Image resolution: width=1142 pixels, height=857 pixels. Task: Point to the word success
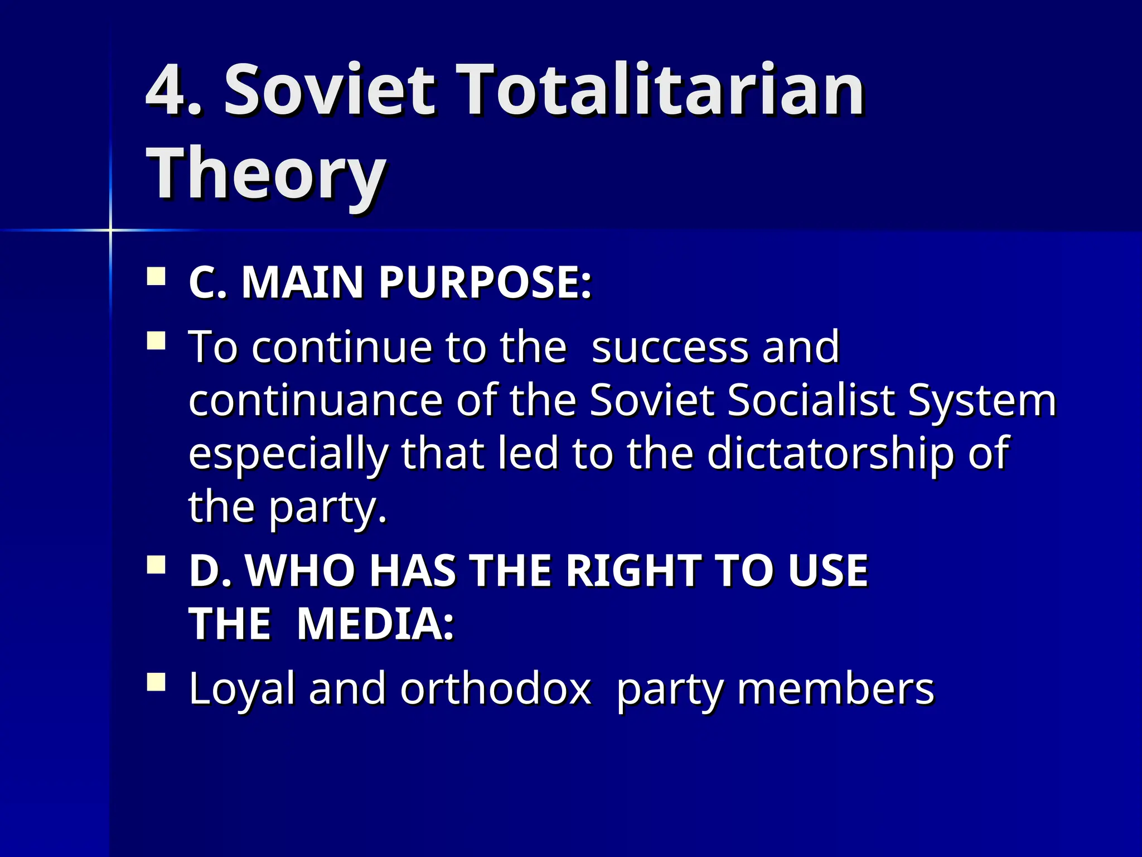click(669, 347)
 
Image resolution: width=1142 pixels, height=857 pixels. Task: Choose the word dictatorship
click(831, 453)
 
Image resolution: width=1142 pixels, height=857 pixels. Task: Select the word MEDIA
click(375, 623)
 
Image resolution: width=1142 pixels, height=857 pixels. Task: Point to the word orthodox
click(495, 689)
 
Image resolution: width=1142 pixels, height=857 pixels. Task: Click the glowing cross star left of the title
click(110, 230)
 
